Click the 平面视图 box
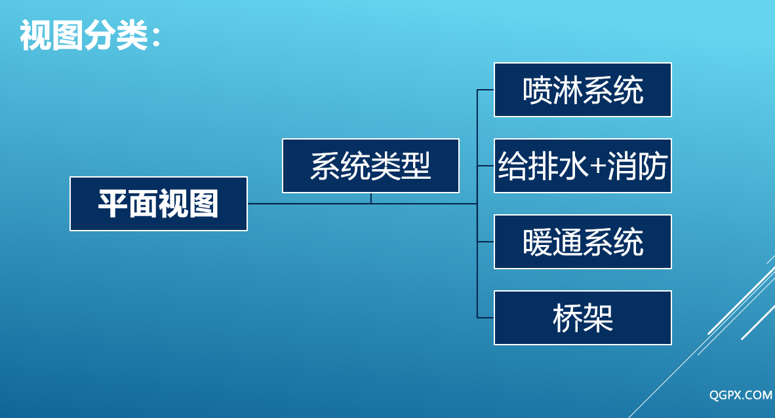(x=159, y=204)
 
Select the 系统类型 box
(x=370, y=166)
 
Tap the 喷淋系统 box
(x=583, y=90)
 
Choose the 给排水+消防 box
(x=583, y=166)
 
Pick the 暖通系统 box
(x=583, y=242)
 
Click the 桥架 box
(x=583, y=318)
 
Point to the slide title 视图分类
(x=84, y=35)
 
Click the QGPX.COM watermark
(x=740, y=395)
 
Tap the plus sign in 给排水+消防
(x=597, y=166)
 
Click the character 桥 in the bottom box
(x=568, y=318)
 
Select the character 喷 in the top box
(x=538, y=90)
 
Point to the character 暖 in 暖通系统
(x=538, y=242)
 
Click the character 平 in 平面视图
(x=113, y=204)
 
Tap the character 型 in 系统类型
(x=416, y=166)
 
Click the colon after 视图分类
(x=157, y=37)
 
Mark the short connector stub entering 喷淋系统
(x=485, y=90)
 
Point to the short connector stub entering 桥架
(x=485, y=318)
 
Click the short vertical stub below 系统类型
(x=370, y=198)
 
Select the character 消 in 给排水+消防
(x=622, y=166)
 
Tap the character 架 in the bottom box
(x=598, y=318)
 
